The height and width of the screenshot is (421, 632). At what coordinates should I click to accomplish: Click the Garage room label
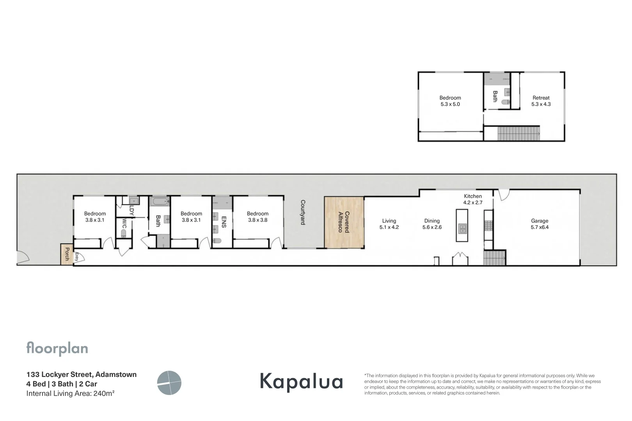point(540,224)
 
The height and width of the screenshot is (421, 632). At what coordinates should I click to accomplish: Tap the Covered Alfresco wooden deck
point(344,222)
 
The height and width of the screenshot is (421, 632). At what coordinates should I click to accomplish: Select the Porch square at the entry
point(66,254)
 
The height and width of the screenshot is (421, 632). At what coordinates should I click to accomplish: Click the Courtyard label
point(303,212)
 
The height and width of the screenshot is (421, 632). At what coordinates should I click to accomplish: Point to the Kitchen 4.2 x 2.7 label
point(473,199)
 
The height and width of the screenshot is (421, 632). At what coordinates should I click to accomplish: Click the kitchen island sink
point(462,228)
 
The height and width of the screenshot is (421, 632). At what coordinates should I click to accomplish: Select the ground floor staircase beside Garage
point(494,258)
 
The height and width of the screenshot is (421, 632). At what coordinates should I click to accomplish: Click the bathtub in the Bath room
point(159,202)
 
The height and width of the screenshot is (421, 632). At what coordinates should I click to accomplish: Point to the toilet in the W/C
point(124,234)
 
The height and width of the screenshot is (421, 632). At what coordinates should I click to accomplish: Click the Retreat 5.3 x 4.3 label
point(541,101)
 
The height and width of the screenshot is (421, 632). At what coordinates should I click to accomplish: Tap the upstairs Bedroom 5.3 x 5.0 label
point(450,101)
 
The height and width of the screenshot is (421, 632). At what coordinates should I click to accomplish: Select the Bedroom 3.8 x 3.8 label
point(257,217)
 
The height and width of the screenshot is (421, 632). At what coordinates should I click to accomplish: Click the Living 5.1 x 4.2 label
point(389,224)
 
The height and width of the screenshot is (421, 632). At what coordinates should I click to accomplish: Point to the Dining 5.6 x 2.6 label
point(432,224)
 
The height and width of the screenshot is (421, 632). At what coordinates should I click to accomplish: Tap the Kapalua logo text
point(301,381)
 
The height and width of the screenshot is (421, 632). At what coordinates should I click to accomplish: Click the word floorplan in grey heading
point(57,348)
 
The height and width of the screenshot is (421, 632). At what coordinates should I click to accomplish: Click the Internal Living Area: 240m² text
point(70,393)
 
